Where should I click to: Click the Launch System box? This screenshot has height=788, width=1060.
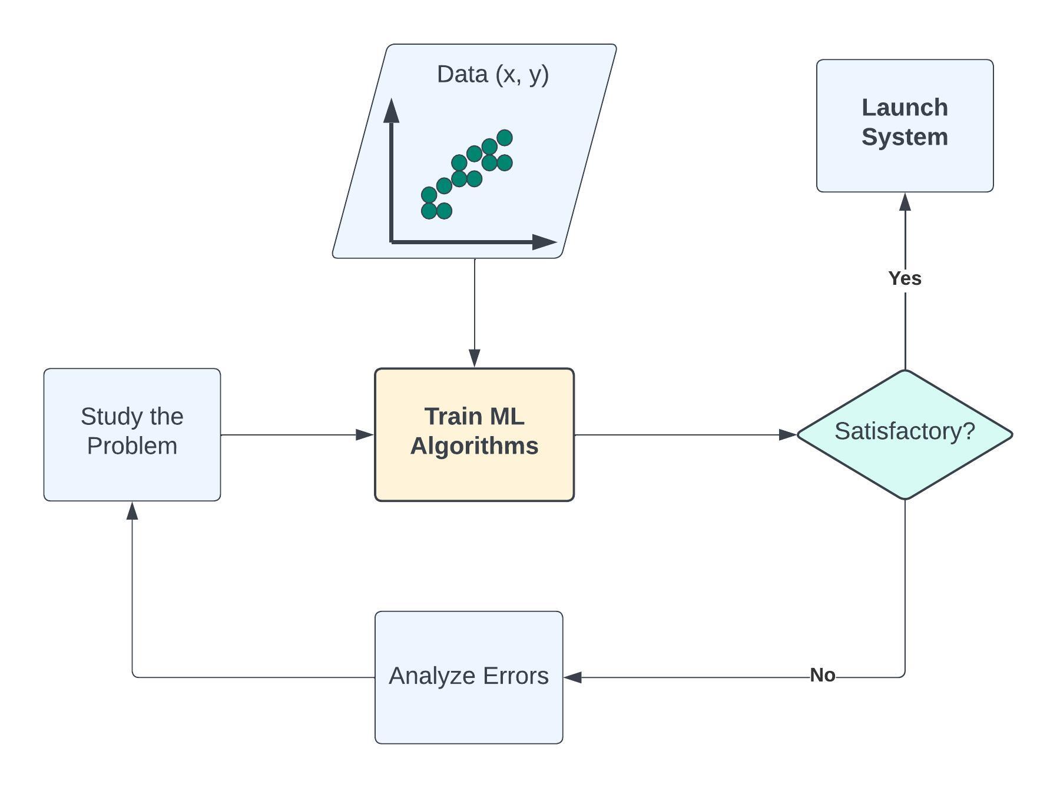pos(905,125)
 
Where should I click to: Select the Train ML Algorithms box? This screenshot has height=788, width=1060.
pos(474,434)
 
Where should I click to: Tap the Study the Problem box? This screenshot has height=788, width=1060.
pos(132,434)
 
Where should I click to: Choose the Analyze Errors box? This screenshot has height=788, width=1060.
pos(469,677)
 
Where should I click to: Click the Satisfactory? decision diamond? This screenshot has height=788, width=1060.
pos(905,434)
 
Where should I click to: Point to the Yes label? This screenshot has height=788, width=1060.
pos(905,278)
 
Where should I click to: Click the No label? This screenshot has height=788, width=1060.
pos(823,675)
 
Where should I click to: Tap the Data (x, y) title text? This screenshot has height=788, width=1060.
pos(493,75)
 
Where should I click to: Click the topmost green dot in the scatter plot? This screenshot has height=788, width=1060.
pos(505,138)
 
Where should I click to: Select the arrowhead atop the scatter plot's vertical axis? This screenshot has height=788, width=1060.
pos(391,110)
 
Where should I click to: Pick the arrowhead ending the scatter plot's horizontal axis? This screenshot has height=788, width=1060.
pos(544,242)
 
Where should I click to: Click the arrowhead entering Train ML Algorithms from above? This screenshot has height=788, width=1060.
pos(475,358)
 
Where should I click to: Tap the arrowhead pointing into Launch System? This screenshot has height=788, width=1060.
pos(905,202)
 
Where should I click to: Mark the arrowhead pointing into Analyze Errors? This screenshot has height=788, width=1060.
pos(573,677)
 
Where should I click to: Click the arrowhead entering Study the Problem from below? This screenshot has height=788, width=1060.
pos(132,511)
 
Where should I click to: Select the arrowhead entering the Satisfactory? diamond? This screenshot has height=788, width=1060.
pos(787,435)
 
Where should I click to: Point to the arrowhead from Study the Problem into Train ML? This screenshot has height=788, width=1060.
pos(365,435)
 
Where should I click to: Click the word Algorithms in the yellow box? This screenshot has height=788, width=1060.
pos(474,446)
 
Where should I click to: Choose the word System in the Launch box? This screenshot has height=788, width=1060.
pos(905,138)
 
